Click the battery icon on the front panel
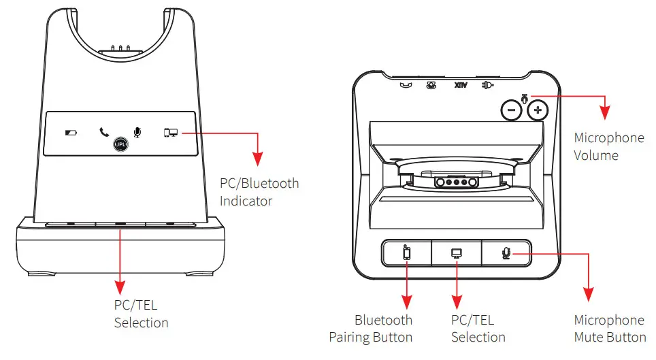tap(71, 133)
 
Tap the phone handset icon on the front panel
tap(104, 133)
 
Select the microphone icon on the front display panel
tap(137, 133)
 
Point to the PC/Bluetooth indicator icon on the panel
tap(170, 133)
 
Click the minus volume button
tap(511, 110)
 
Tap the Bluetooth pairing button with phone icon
tap(407, 253)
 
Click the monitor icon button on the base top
tap(457, 253)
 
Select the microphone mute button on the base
tap(506, 253)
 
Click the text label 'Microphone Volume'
tap(608, 146)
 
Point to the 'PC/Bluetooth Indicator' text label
tap(259, 192)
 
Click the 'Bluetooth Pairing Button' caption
tap(371, 328)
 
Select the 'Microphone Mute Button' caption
tap(610, 328)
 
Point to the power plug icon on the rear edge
tap(487, 86)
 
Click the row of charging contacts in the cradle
tap(456, 182)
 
